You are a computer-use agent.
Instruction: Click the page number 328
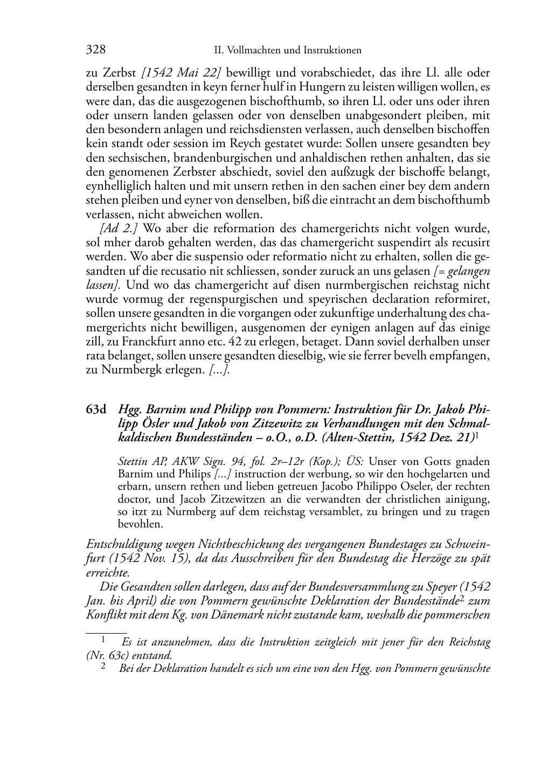click(95, 50)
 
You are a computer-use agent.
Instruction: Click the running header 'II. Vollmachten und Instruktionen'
click(287, 51)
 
